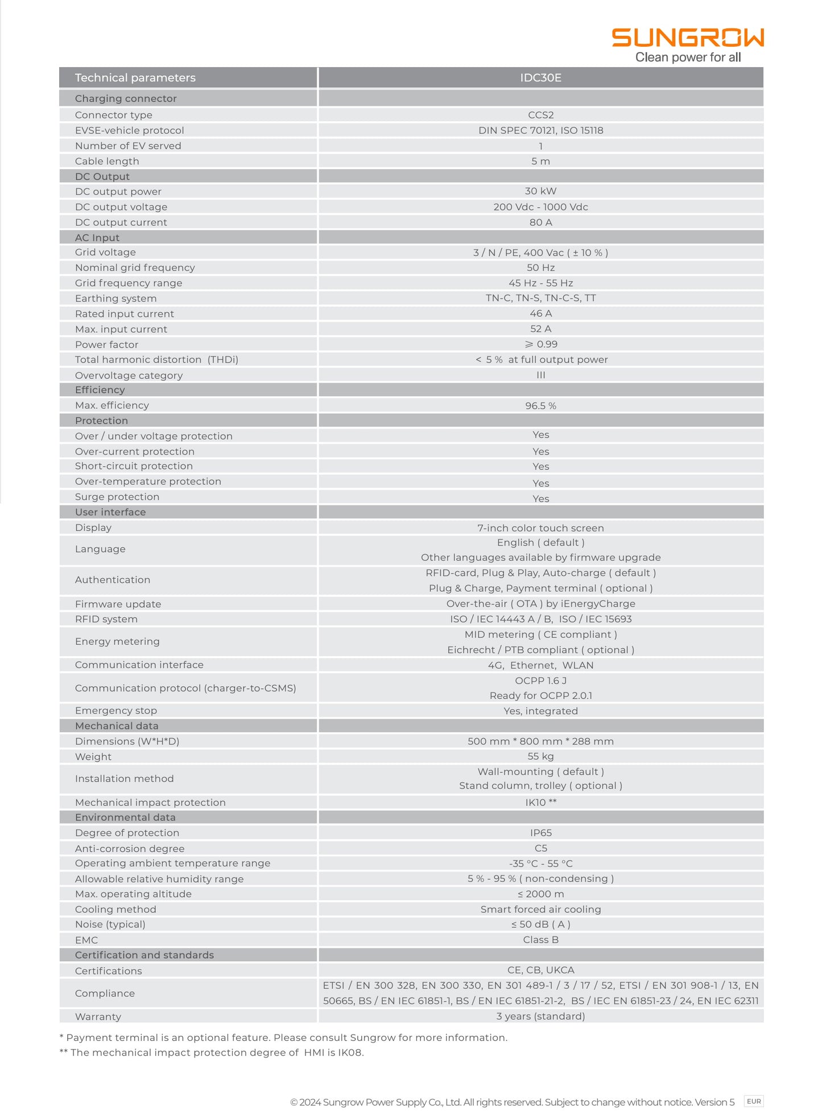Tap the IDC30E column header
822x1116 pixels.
(540, 78)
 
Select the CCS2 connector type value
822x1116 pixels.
(540, 115)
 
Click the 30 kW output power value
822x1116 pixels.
(540, 191)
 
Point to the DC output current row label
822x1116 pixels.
(121, 223)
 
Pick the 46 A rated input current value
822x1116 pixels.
(540, 314)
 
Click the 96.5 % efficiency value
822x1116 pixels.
(540, 406)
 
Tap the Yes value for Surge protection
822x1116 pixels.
(540, 499)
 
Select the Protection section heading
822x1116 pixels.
(102, 421)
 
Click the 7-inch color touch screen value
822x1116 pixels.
(540, 528)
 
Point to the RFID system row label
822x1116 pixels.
(106, 619)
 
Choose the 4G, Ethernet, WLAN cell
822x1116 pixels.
(540, 665)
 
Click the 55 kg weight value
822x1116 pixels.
(540, 756)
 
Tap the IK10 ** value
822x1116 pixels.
(540, 802)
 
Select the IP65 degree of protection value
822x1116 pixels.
(540, 833)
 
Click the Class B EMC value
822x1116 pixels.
(540, 940)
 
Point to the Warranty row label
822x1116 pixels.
(98, 1016)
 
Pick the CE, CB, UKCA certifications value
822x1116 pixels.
(540, 970)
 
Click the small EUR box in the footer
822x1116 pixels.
(754, 1101)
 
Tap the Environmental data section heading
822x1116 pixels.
(125, 817)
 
